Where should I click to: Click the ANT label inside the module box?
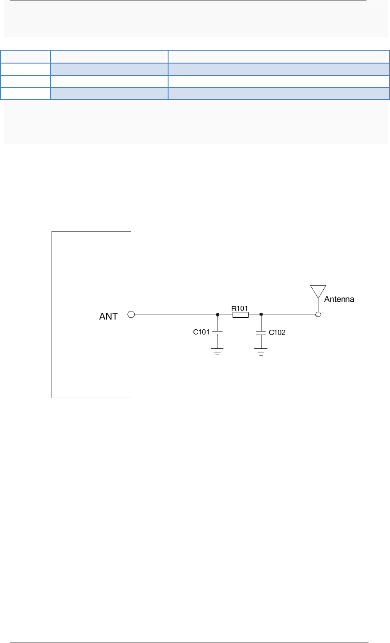point(109,316)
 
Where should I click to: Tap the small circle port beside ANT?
point(131,315)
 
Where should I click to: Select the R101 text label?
point(240,308)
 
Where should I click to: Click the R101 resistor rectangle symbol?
point(240,315)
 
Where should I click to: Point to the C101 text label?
point(201,332)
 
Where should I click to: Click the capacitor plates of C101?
point(217,332)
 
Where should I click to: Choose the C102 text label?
point(277,332)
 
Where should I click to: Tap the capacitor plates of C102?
point(261,332)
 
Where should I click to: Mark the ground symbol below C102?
point(261,353)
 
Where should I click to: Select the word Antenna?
point(339,300)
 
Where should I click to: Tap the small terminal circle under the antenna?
point(318,315)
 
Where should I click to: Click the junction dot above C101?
point(217,315)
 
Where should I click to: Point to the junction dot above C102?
point(261,315)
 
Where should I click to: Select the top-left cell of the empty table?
point(27,56)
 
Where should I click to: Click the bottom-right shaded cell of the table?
point(278,93)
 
